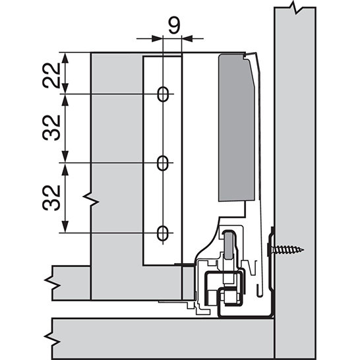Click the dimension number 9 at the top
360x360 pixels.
[175, 25]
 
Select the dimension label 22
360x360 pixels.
[51, 75]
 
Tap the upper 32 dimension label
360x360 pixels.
[51, 128]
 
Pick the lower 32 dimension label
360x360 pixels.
[51, 198]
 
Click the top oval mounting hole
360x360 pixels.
[163, 94]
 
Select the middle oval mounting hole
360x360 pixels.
[163, 163]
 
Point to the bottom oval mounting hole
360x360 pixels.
[163, 233]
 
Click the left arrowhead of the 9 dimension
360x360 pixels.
[157, 38]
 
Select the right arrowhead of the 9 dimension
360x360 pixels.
[187, 38]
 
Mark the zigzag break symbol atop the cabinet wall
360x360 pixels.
[295, 8]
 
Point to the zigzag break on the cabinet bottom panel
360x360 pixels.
[53, 339]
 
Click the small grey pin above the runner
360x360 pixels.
[228, 245]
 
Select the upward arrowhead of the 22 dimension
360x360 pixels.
[65, 58]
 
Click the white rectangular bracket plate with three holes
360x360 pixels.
[162, 161]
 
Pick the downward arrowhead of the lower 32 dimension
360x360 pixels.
[65, 227]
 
